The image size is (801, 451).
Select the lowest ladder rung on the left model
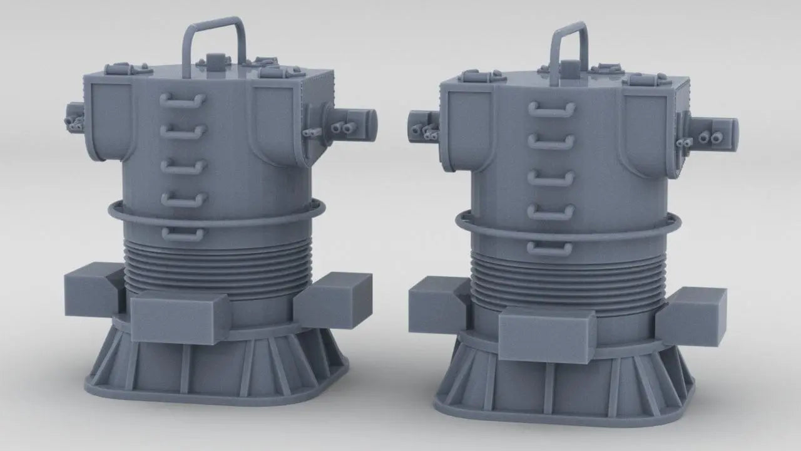coord(183,234)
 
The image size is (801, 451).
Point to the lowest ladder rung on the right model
coord(549,248)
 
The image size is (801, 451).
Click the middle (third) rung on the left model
coord(183,167)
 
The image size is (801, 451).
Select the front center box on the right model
coord(546,334)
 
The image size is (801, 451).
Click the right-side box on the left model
coord(333,299)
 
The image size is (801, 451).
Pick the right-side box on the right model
coord(691,316)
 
